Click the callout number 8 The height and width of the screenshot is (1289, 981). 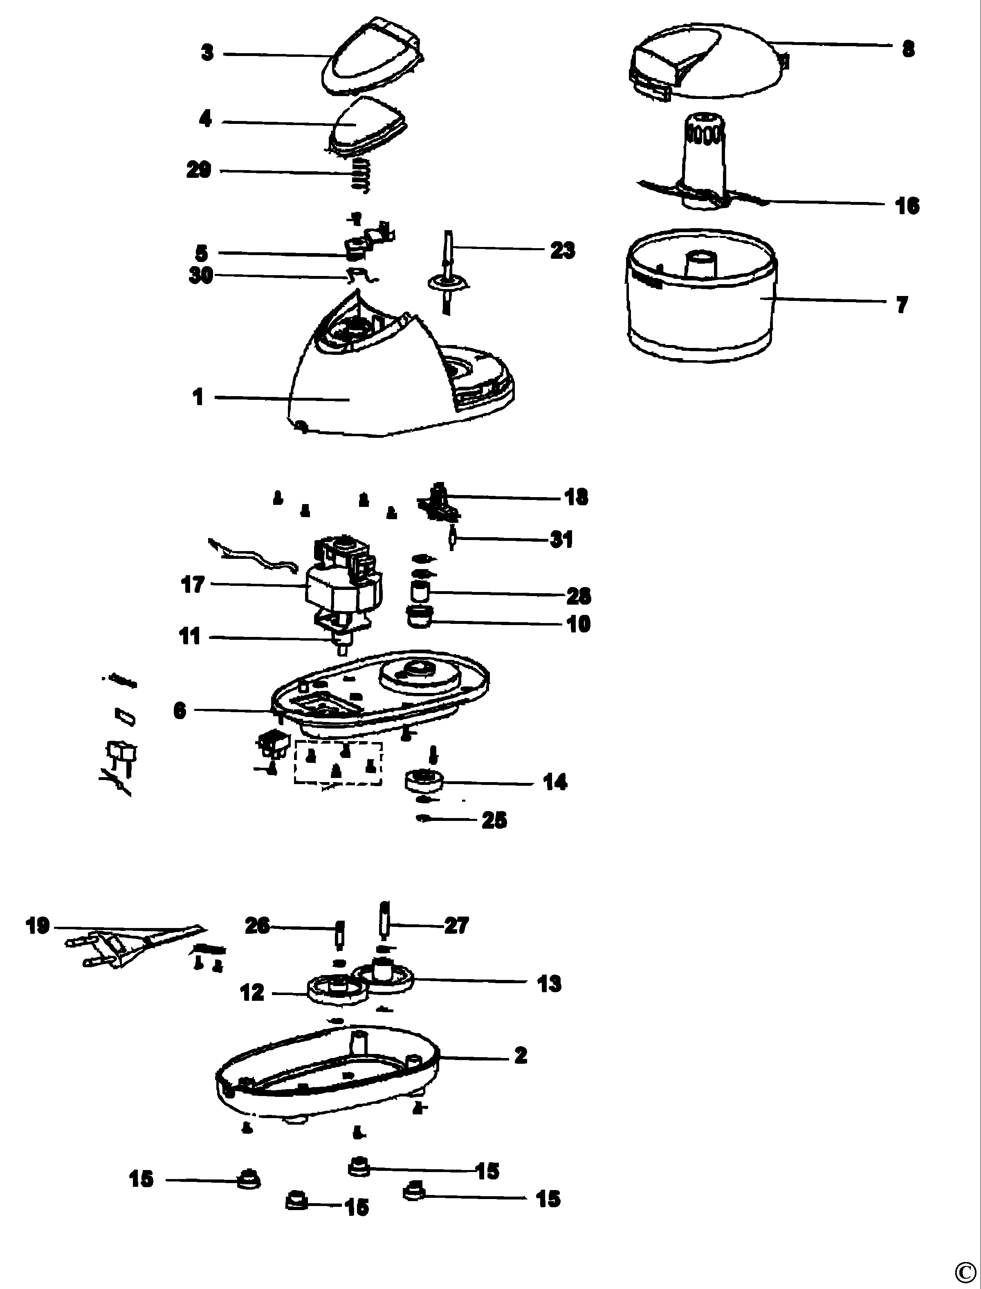(908, 49)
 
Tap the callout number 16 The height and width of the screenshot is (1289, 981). (907, 206)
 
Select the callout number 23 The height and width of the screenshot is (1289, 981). (562, 251)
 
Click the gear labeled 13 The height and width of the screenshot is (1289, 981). (384, 977)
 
